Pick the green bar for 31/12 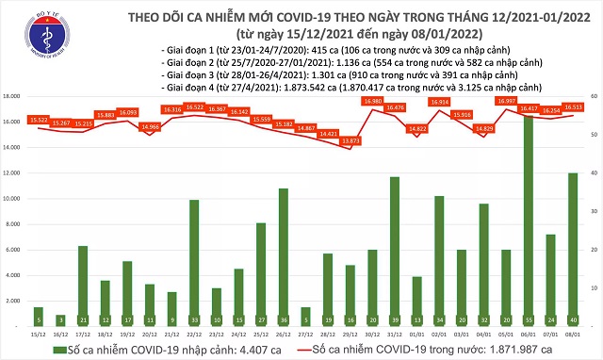(x=394, y=251)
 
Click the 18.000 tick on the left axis (x=14, y=96)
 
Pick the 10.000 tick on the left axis (x=14, y=199)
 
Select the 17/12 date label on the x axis (x=83, y=333)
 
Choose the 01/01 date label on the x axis (x=416, y=333)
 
